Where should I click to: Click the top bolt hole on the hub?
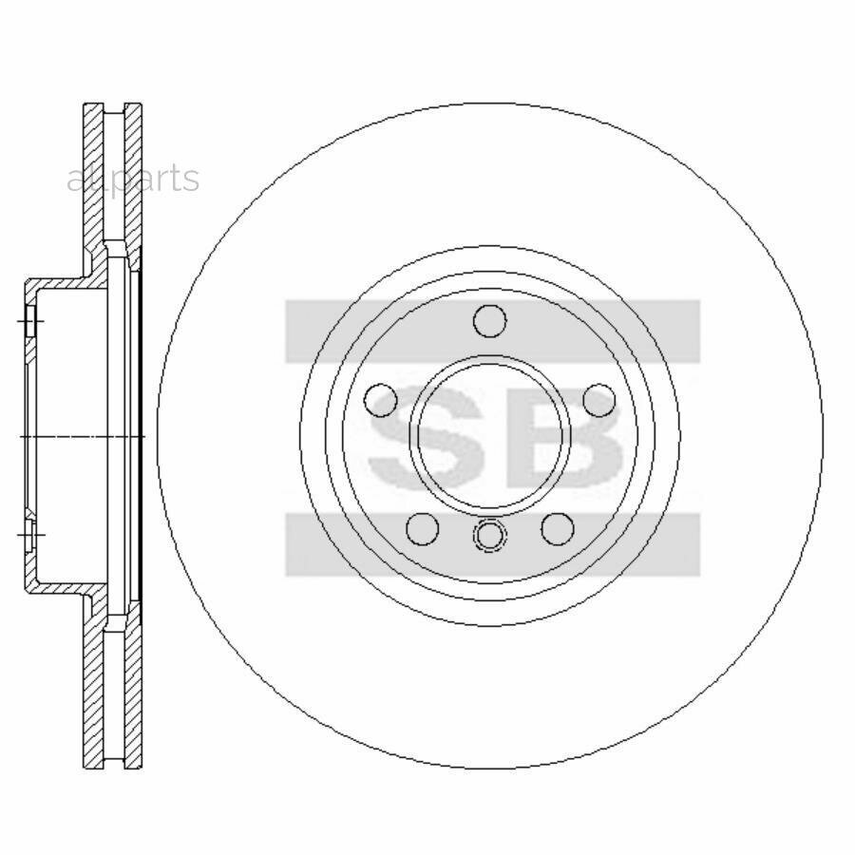[x=490, y=322]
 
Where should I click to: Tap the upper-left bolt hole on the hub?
[x=381, y=401]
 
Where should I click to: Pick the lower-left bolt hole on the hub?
[x=422, y=528]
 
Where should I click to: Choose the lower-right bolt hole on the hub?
[x=558, y=528]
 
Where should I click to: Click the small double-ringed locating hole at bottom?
[x=490, y=536]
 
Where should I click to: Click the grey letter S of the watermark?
[x=418, y=437]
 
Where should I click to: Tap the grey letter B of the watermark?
[x=570, y=437]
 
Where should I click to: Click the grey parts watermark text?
[x=133, y=178]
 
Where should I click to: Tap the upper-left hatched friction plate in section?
[x=93, y=180]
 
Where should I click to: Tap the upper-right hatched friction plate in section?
[x=134, y=180]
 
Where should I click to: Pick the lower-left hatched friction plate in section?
[x=93, y=693]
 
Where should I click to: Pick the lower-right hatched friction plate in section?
[x=134, y=693]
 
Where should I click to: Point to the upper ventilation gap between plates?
[x=114, y=180]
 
